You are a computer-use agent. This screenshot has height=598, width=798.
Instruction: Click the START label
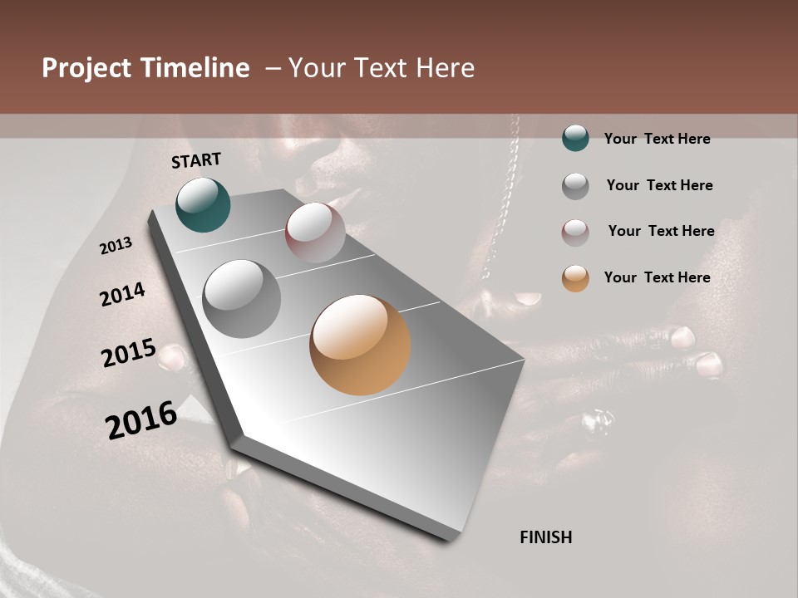tap(196, 160)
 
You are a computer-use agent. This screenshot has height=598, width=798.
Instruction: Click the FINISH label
tap(546, 537)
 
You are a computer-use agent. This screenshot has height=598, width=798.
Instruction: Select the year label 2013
tap(116, 246)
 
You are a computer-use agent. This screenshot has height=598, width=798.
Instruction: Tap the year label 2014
tap(122, 295)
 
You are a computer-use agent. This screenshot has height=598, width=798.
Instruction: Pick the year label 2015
tap(129, 353)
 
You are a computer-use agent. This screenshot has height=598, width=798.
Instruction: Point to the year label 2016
tap(141, 419)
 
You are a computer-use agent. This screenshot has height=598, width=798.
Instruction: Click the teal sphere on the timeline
tap(203, 205)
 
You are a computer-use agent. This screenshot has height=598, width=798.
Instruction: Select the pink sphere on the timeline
tap(315, 233)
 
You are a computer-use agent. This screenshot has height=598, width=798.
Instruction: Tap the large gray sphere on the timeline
tap(242, 299)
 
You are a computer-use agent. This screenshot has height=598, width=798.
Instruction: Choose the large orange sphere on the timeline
tap(360, 345)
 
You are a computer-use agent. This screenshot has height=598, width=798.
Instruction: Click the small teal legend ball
tap(575, 138)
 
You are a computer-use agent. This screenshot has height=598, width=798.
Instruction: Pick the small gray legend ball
tap(575, 185)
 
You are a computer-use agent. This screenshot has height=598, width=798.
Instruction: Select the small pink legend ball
tap(575, 232)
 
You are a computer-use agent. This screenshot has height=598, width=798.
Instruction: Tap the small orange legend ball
tap(575, 278)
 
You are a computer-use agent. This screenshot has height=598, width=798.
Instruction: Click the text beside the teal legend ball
tap(657, 139)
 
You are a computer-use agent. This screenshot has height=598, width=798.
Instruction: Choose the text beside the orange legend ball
tap(657, 277)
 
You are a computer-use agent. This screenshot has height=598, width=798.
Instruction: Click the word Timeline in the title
tap(195, 68)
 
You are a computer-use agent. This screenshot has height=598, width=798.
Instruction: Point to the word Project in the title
tap(86, 68)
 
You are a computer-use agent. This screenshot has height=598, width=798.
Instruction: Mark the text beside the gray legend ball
tap(659, 185)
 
